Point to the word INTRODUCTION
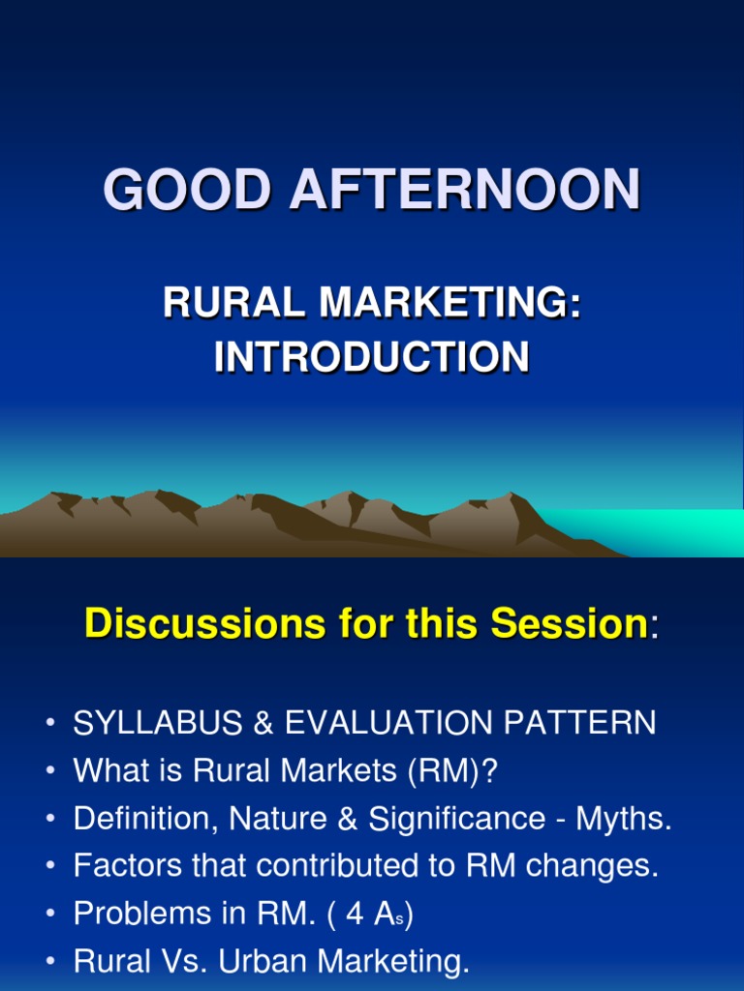(372, 357)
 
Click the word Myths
(624, 820)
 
